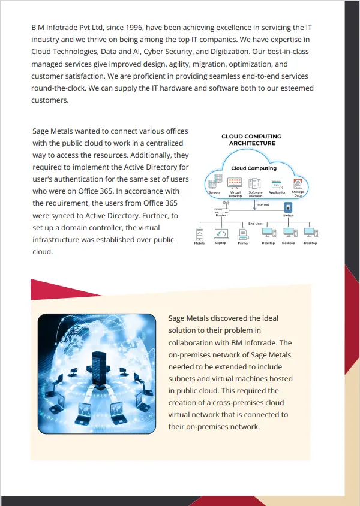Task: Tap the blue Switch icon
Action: click(x=288, y=207)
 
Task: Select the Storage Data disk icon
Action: click(x=298, y=183)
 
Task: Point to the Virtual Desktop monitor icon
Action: click(x=235, y=183)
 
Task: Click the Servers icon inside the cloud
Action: click(x=214, y=183)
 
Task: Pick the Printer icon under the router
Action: click(x=243, y=234)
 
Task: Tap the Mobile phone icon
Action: click(x=199, y=234)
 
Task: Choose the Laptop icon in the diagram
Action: click(x=221, y=234)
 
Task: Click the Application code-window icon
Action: click(x=277, y=183)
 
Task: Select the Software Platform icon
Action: click(x=256, y=183)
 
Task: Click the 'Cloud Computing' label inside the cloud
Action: click(x=254, y=168)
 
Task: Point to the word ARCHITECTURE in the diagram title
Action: click(x=252, y=144)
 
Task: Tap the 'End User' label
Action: click(x=256, y=223)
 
